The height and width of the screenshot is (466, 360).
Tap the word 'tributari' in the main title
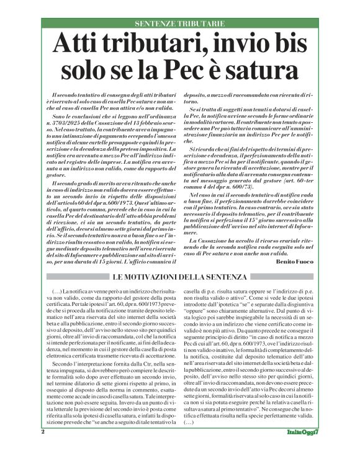pyautogui.click(x=155, y=45)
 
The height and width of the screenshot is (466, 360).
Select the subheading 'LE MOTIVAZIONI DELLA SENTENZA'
pyautogui.click(x=179, y=277)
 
